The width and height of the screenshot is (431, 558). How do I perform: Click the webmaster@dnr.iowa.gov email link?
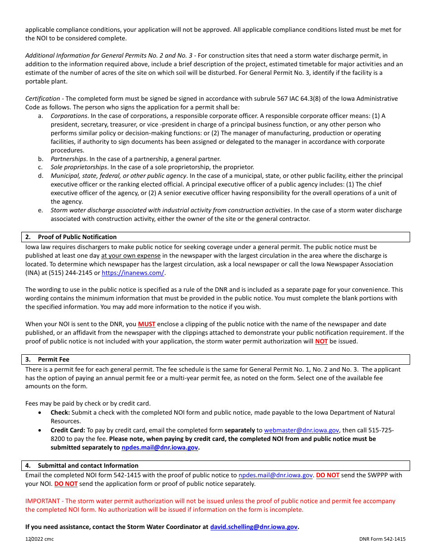tap(301, 430)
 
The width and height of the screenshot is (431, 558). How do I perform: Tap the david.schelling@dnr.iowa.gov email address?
tap(254, 527)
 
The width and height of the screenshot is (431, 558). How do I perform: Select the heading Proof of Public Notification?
tap(77, 237)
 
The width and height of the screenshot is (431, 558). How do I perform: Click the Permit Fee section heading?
tap(54, 360)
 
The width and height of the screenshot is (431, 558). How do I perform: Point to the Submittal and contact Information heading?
tap(88, 465)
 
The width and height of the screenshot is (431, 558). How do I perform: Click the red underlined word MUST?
tap(147, 324)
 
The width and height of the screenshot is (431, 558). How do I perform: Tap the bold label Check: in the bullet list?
tap(60, 412)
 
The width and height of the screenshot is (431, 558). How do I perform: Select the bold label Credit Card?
tap(68, 430)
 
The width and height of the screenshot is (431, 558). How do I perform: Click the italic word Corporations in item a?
tap(69, 116)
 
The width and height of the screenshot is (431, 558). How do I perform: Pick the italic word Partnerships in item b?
tap(68, 159)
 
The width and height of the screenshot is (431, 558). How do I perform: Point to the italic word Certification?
tap(43, 98)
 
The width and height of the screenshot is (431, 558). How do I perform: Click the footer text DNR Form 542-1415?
tap(382, 539)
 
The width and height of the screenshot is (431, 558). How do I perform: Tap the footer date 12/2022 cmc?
tap(39, 539)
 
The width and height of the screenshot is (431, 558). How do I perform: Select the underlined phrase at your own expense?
tap(131, 255)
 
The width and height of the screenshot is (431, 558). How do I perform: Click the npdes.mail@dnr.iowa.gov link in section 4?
tap(275, 475)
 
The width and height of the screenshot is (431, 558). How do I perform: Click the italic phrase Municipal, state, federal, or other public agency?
tap(118, 176)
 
